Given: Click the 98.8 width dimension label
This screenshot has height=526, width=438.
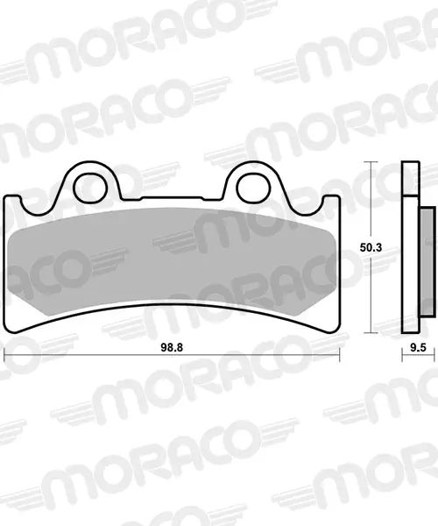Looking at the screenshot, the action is tap(172, 347).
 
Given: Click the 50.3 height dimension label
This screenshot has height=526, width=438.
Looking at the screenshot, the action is tap(371, 247).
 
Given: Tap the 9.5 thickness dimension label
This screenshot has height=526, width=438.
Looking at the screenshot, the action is tap(418, 347).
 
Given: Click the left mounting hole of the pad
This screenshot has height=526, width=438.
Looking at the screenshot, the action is tap(90, 188).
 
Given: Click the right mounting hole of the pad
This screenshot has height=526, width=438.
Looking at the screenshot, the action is tap(253, 188).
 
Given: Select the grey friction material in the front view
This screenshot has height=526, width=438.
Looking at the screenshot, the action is tap(172, 261).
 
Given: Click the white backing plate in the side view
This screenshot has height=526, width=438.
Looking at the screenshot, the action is tap(410, 265).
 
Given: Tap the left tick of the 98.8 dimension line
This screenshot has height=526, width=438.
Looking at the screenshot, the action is tap(4, 355).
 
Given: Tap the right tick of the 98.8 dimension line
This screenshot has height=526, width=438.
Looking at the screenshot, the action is tap(340, 355).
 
